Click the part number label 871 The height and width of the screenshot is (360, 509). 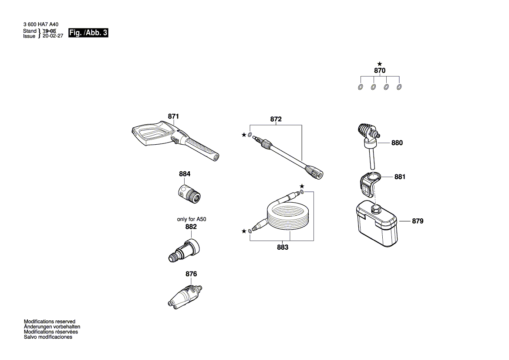click(x=173, y=116)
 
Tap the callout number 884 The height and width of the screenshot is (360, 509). click(x=185, y=174)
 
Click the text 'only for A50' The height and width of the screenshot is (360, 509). click(x=191, y=219)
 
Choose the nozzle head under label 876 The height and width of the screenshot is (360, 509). click(x=185, y=296)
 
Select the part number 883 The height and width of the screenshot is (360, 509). click(x=282, y=247)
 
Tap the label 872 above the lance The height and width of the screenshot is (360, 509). click(x=276, y=119)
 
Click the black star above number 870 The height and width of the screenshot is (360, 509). click(x=380, y=64)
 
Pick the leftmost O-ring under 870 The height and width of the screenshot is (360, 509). click(x=361, y=87)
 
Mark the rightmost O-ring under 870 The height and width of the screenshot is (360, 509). click(x=399, y=87)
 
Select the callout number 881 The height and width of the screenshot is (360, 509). click(x=400, y=177)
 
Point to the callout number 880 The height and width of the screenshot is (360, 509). click(x=397, y=143)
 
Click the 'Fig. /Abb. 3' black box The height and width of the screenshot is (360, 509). click(x=88, y=33)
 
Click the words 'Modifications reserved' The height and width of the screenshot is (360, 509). click(x=49, y=322)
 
